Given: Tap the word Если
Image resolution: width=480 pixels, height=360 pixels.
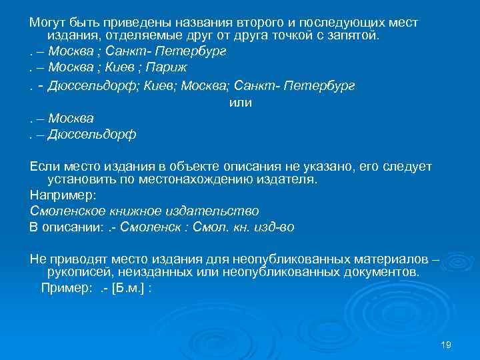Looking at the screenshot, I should click(x=45, y=165).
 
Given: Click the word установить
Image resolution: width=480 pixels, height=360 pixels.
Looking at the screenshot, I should click(x=81, y=179).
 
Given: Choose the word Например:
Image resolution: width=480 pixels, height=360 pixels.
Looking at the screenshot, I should click(x=63, y=195).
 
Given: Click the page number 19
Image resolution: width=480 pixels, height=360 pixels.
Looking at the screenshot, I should click(x=446, y=345).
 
